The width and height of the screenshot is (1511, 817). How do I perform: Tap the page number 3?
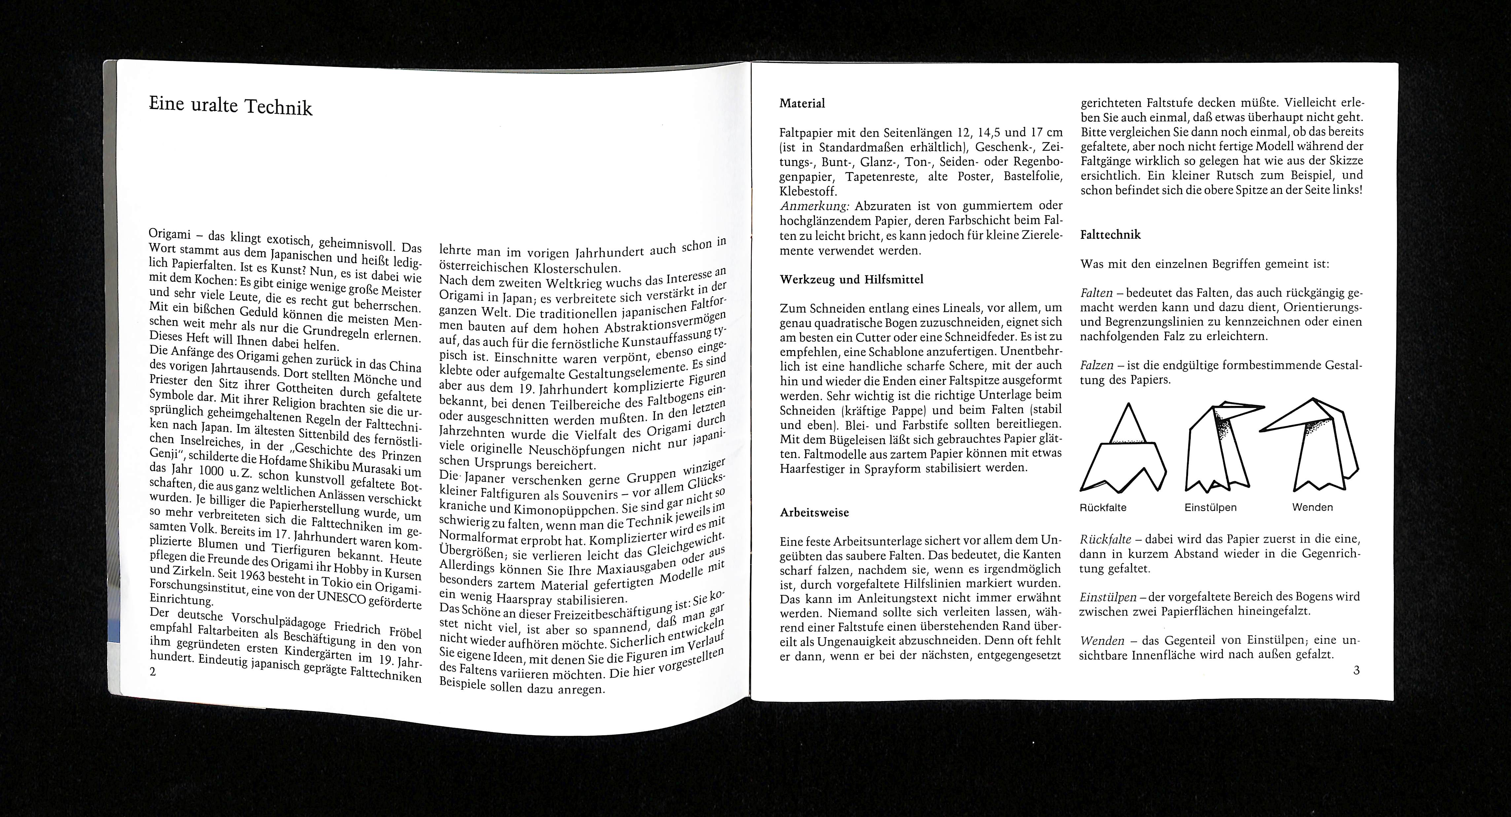click(x=1356, y=670)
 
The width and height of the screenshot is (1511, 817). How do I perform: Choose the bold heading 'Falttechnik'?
click(x=1110, y=234)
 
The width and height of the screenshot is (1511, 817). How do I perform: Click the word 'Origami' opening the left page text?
click(x=170, y=233)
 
